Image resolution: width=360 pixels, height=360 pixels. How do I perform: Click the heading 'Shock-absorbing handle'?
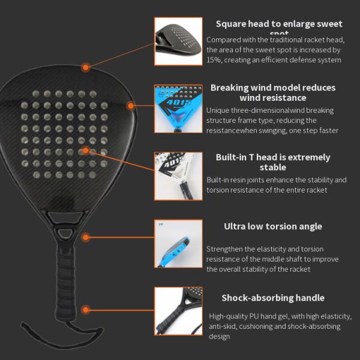click(x=273, y=298)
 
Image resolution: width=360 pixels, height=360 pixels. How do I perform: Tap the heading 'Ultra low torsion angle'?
click(x=273, y=226)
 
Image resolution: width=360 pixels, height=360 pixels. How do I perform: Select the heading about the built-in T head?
click(x=273, y=162)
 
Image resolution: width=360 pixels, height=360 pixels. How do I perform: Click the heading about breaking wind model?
click(x=273, y=92)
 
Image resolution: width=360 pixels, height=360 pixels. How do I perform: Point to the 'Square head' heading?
click(x=279, y=25)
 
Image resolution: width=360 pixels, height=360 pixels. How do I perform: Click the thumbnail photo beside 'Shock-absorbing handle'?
click(x=178, y=310)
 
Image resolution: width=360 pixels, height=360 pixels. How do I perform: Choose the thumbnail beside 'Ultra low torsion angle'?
click(x=178, y=243)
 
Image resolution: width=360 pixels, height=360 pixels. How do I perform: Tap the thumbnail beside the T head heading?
click(x=178, y=176)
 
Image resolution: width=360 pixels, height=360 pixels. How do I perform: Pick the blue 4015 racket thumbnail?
click(x=178, y=108)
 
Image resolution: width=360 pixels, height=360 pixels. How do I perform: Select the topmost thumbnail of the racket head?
click(x=178, y=41)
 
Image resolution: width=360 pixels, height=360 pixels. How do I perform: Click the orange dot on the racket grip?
click(x=86, y=310)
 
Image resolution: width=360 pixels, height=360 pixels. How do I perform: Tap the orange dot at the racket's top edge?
click(x=86, y=68)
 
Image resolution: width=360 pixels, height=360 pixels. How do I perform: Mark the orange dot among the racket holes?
click(x=86, y=150)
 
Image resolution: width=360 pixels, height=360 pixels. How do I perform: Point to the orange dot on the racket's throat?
click(x=86, y=238)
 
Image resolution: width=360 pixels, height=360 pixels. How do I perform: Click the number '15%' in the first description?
click(x=213, y=60)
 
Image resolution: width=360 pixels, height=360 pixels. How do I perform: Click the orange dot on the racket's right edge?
click(x=131, y=106)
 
